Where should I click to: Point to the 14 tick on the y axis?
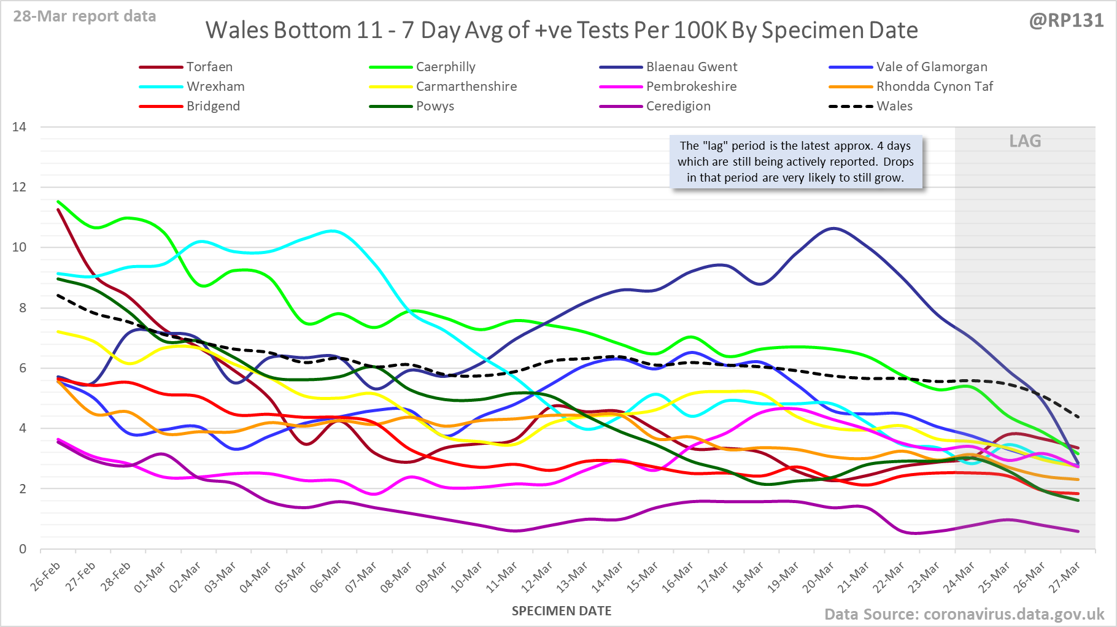20,127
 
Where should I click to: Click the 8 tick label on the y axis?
23,308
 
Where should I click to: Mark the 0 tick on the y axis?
23,549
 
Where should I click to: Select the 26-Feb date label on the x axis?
46,577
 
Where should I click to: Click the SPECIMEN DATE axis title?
562,611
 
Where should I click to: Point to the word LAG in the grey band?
1025,141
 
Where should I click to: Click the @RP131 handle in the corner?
1066,21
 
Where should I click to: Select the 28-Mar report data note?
85,16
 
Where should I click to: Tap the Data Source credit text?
964,614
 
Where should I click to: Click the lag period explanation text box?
795,162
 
